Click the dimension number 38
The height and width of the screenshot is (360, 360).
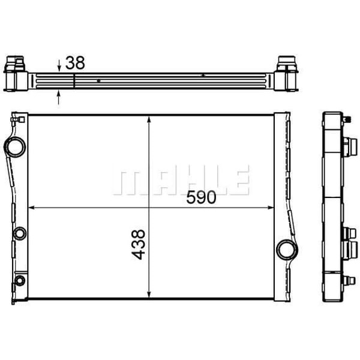pos(75,62)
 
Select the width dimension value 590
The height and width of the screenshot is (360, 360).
pos(200,197)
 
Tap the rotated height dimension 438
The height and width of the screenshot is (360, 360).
pos(138,244)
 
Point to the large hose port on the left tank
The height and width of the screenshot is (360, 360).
pos(14,146)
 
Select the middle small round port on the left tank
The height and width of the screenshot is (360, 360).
pos(19,233)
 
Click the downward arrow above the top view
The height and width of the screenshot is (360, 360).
pos(59,66)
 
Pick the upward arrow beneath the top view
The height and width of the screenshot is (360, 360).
pos(59,95)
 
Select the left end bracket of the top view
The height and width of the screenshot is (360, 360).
pos(16,74)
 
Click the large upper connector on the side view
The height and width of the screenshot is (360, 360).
pos(346,146)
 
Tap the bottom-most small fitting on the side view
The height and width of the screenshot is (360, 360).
pos(347,280)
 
